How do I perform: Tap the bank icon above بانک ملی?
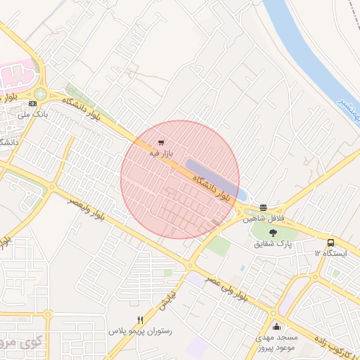coord(32,103)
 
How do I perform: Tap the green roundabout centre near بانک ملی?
coord(40,93)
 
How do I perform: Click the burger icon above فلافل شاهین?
coord(263,207)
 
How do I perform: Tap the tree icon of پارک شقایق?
coord(274,233)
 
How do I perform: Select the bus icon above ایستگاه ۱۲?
coord(331,242)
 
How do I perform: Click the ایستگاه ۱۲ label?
coord(330,252)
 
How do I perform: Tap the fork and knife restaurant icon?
coord(141,320)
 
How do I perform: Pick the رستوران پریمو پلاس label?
coord(140,330)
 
